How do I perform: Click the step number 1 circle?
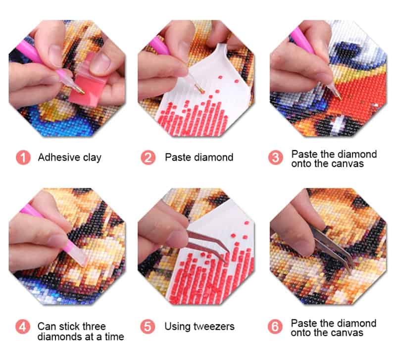(x=23, y=157)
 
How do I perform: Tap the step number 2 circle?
(x=148, y=157)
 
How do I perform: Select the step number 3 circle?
(x=276, y=157)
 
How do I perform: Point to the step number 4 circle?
(x=23, y=327)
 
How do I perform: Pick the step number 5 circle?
(x=148, y=326)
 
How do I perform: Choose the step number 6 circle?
(x=275, y=326)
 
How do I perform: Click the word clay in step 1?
(x=92, y=158)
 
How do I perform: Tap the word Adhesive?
(x=59, y=157)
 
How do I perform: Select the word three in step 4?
(x=94, y=326)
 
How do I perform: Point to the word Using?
(x=177, y=327)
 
